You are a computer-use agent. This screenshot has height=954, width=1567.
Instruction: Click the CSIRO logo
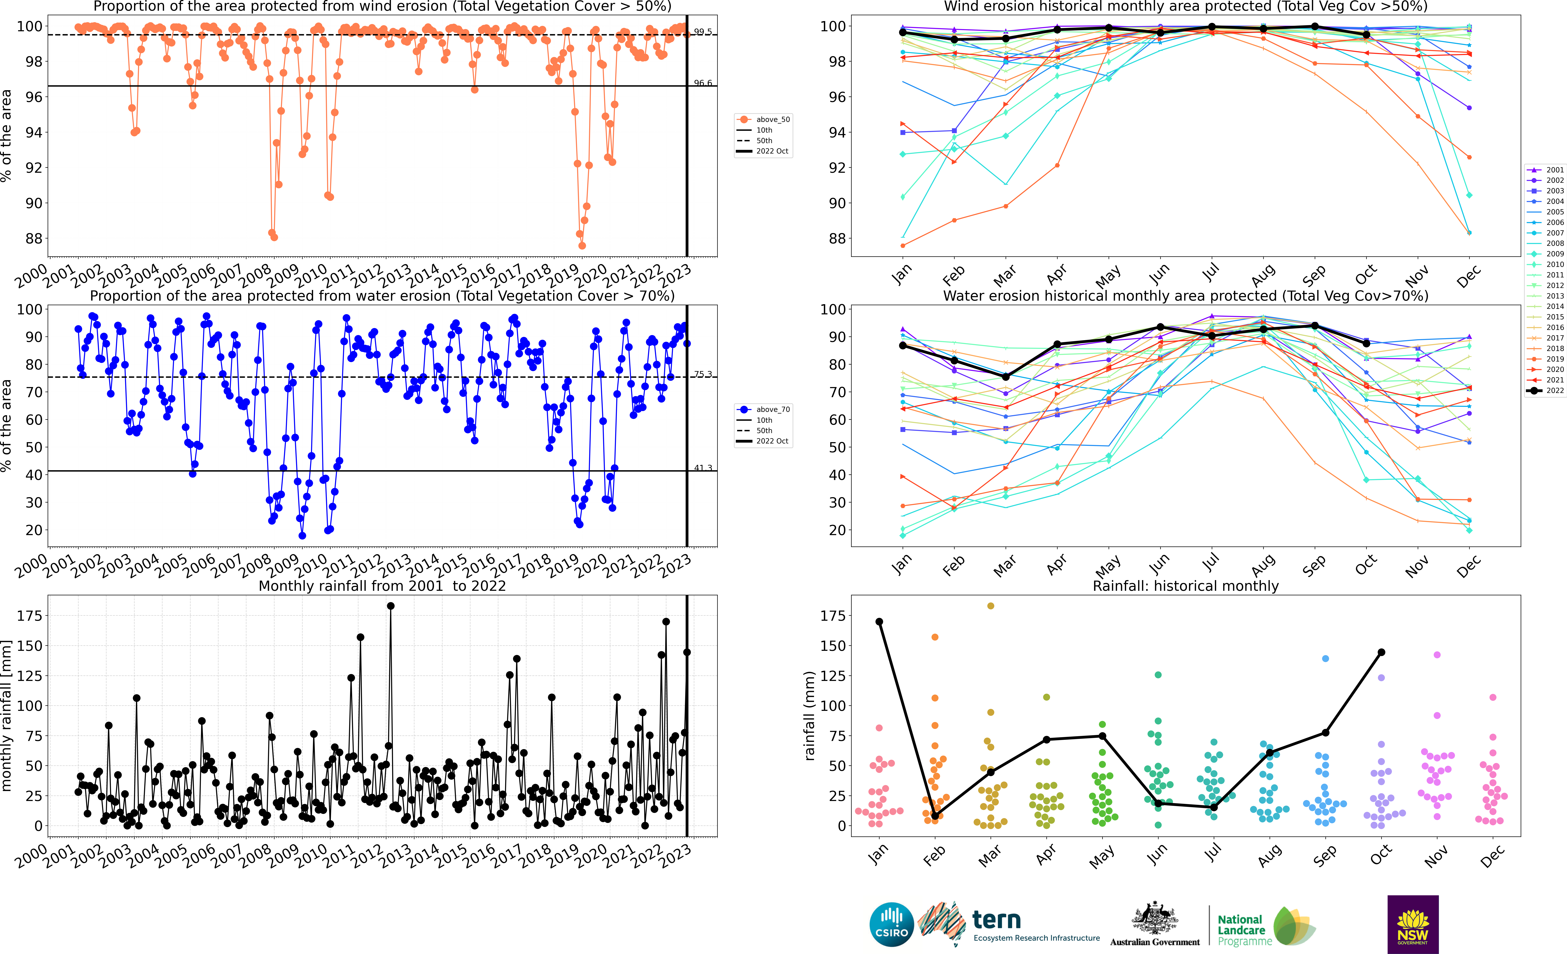[x=891, y=924]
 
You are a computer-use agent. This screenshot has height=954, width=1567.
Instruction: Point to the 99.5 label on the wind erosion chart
[x=703, y=32]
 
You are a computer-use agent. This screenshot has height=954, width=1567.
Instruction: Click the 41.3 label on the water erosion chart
[x=703, y=468]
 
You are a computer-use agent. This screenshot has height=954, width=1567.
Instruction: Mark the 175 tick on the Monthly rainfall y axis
[x=30, y=616]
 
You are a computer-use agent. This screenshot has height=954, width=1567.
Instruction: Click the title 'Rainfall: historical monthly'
[x=1185, y=586]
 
